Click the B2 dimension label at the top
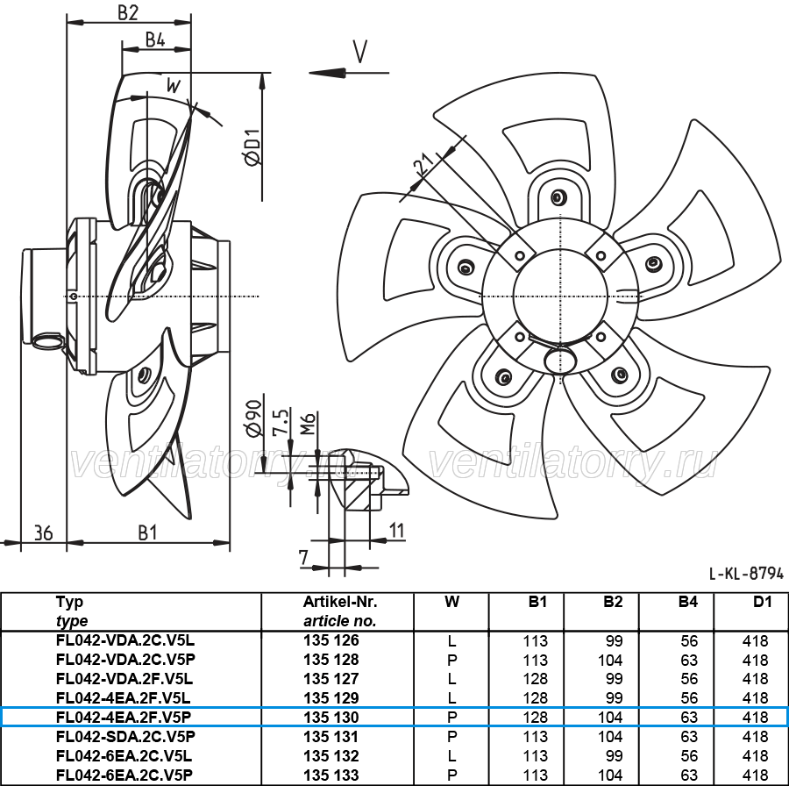[128, 12]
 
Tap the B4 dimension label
[155, 39]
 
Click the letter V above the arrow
[359, 51]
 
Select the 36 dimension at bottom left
[43, 532]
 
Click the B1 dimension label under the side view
[147, 532]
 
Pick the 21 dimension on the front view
[423, 165]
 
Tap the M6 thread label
[308, 424]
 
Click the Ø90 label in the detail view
[253, 418]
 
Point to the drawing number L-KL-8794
[746, 573]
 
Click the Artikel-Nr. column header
[340, 602]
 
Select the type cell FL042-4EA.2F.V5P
[124, 717]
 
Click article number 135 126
[331, 640]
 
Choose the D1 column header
[763, 602]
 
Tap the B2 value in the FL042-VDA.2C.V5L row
[615, 641]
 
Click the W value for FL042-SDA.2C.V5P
[451, 737]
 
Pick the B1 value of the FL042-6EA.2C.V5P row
[535, 775]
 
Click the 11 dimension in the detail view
[397, 531]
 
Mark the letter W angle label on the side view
[173, 86]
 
